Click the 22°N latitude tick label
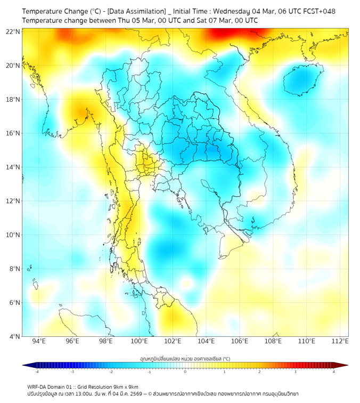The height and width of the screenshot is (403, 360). click(14, 31)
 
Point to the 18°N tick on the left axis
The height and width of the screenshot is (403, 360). click(14, 99)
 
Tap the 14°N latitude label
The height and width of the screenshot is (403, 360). click(14, 167)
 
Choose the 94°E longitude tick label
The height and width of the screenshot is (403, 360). click(39, 341)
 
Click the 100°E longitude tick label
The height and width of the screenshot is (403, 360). click(140, 341)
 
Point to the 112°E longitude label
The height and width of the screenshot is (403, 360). click(341, 341)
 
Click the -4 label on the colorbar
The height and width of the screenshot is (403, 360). click(37, 372)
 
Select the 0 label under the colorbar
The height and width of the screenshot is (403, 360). click(185, 372)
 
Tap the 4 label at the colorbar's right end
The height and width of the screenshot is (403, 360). click(333, 372)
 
